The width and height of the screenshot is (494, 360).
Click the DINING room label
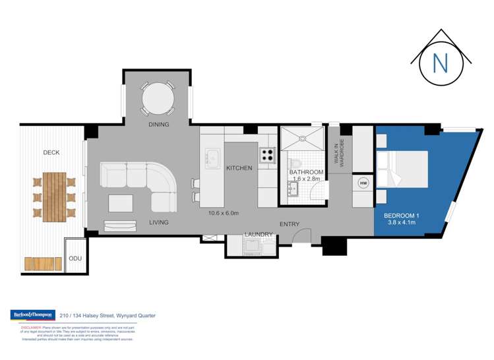pyautogui.click(x=159, y=124)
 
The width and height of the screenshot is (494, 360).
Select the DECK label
pyautogui.click(x=51, y=152)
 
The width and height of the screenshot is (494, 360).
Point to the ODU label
pyautogui.click(x=75, y=259)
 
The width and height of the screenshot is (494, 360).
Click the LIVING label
pyautogui.click(x=160, y=223)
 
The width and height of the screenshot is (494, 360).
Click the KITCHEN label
pyautogui.click(x=239, y=168)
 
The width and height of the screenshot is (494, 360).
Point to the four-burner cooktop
pyautogui.click(x=266, y=155)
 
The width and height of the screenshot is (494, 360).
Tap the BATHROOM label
pyautogui.click(x=306, y=172)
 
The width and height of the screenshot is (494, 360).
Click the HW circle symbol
pyautogui.click(x=363, y=183)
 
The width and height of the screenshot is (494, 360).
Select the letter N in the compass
pyautogui.click(x=441, y=62)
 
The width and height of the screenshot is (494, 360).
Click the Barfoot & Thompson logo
pyautogui.click(x=32, y=315)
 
